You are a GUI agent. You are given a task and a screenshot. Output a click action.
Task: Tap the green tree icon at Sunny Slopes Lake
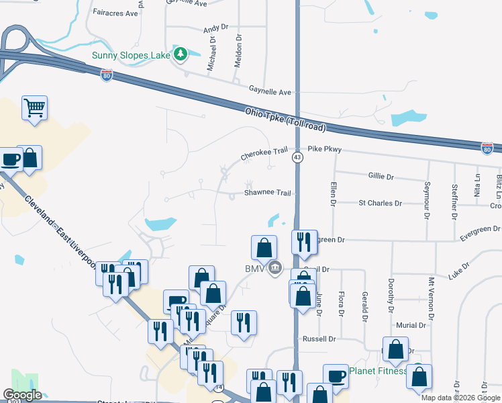(180, 54)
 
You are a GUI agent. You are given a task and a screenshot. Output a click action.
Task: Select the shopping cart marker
(34, 107)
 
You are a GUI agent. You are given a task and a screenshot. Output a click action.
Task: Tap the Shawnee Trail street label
(267, 193)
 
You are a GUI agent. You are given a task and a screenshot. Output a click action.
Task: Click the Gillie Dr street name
(381, 176)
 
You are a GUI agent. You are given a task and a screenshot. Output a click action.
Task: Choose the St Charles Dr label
(380, 203)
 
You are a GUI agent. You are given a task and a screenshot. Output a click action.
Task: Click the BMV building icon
(274, 269)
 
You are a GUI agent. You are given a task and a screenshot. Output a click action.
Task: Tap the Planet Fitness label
(378, 371)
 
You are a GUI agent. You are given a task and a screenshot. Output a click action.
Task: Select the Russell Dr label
(319, 339)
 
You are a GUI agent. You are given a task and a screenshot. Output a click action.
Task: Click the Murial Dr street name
(411, 325)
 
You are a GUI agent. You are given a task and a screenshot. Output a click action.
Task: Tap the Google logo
(22, 395)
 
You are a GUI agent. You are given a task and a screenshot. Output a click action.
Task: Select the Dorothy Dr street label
(390, 296)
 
